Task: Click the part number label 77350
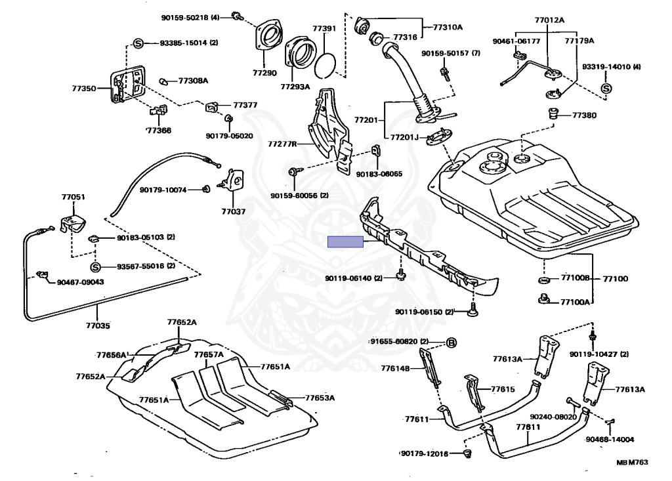click(x=83, y=89)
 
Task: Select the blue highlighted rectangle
click(x=345, y=241)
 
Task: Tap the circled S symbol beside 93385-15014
click(x=138, y=43)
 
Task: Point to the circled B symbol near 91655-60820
click(x=451, y=343)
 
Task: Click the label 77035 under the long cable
click(x=98, y=326)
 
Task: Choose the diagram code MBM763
click(x=632, y=462)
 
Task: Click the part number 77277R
click(x=282, y=144)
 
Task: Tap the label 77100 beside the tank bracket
click(x=616, y=279)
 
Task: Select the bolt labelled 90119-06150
click(x=472, y=310)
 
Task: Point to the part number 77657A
click(x=209, y=354)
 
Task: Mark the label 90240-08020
click(x=553, y=417)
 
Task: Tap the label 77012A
click(x=549, y=20)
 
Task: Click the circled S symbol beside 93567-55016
click(x=96, y=266)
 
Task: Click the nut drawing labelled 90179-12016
click(x=467, y=453)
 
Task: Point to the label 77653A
click(x=320, y=398)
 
